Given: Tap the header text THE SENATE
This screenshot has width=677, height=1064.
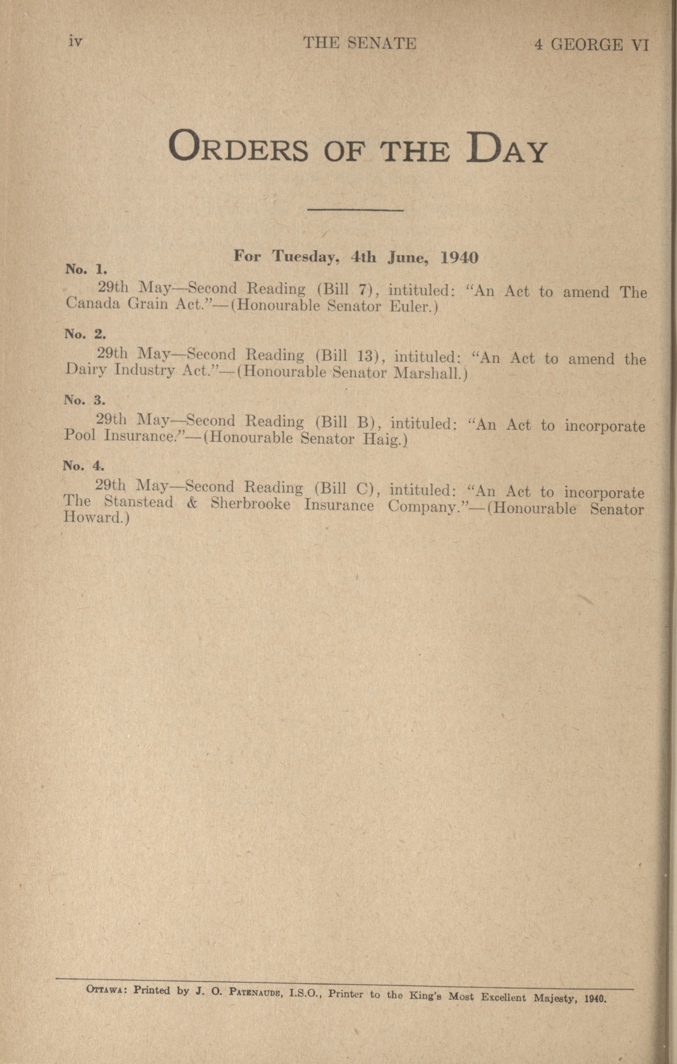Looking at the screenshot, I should point(359,43).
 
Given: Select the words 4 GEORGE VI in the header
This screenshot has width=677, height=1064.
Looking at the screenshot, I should point(591,45).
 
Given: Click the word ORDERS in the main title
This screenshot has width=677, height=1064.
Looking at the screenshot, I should point(238,146).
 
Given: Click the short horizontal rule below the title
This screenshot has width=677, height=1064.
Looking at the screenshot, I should point(355,209).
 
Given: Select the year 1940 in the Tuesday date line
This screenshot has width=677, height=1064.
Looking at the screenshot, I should point(460,258).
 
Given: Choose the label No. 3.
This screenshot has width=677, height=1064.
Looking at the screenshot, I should point(84,400).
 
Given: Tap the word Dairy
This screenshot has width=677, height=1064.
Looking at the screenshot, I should point(86,369).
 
